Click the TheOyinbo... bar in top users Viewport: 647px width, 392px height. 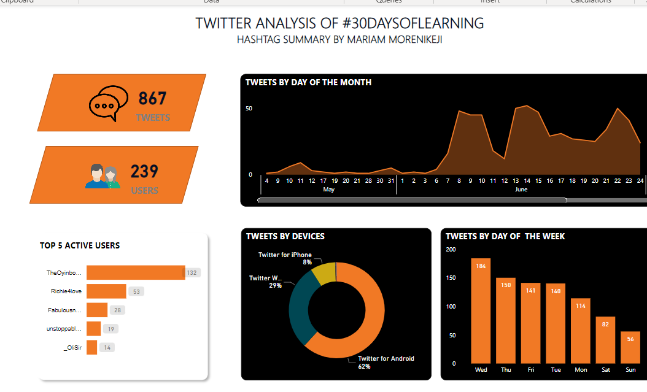coord(136,272)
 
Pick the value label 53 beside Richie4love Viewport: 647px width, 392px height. coord(136,291)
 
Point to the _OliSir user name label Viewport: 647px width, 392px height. coord(72,348)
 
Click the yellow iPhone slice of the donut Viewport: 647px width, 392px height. coord(323,272)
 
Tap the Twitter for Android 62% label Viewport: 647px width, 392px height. coord(385,362)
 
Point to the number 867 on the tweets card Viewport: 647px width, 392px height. coord(152,98)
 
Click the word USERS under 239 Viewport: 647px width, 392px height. coord(145,191)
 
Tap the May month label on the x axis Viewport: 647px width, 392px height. coord(329,190)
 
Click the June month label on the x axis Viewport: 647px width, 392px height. coord(521,190)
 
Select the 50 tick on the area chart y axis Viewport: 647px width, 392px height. coord(249,109)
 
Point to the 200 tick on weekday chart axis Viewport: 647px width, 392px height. coord(451,249)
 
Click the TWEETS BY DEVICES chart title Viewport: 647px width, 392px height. coord(285,236)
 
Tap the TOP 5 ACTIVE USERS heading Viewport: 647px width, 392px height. coord(80,245)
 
